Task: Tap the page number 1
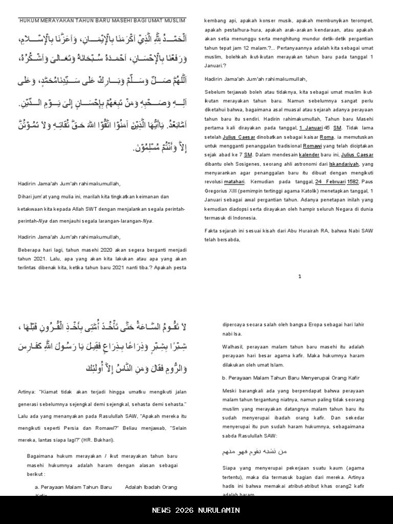coord(299,276)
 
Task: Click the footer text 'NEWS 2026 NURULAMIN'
coord(196,510)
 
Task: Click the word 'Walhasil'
coord(234,347)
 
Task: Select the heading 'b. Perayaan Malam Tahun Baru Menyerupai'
coord(290,378)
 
